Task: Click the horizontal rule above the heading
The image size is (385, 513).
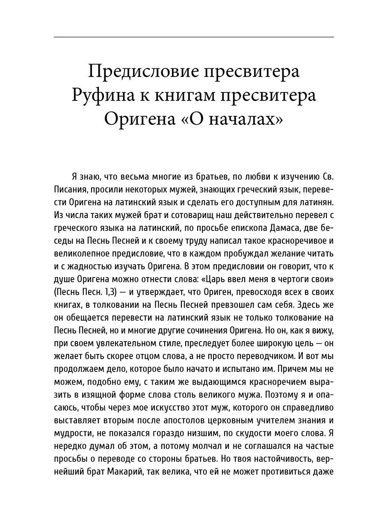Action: click(x=194, y=37)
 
